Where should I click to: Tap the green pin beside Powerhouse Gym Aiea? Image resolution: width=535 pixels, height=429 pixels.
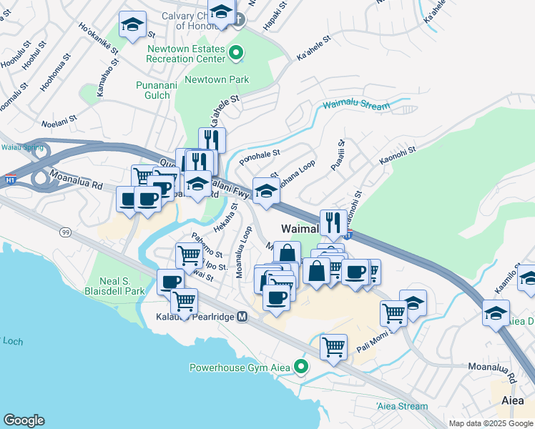(x=301, y=368)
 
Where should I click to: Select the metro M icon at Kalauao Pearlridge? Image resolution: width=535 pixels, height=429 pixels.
(x=242, y=316)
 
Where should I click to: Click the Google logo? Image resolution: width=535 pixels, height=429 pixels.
(x=24, y=420)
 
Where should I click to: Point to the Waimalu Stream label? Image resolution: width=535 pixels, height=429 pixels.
(x=355, y=105)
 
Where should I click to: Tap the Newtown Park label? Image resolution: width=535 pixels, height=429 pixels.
(x=217, y=79)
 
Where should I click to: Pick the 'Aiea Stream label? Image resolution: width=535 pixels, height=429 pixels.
(x=401, y=406)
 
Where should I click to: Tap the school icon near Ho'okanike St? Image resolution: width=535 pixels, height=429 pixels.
(x=132, y=25)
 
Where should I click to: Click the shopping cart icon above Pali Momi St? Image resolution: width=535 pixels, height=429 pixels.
(x=393, y=312)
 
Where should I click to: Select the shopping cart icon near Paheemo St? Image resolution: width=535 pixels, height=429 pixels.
(x=189, y=255)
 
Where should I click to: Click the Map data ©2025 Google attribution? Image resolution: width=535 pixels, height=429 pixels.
(x=491, y=423)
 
